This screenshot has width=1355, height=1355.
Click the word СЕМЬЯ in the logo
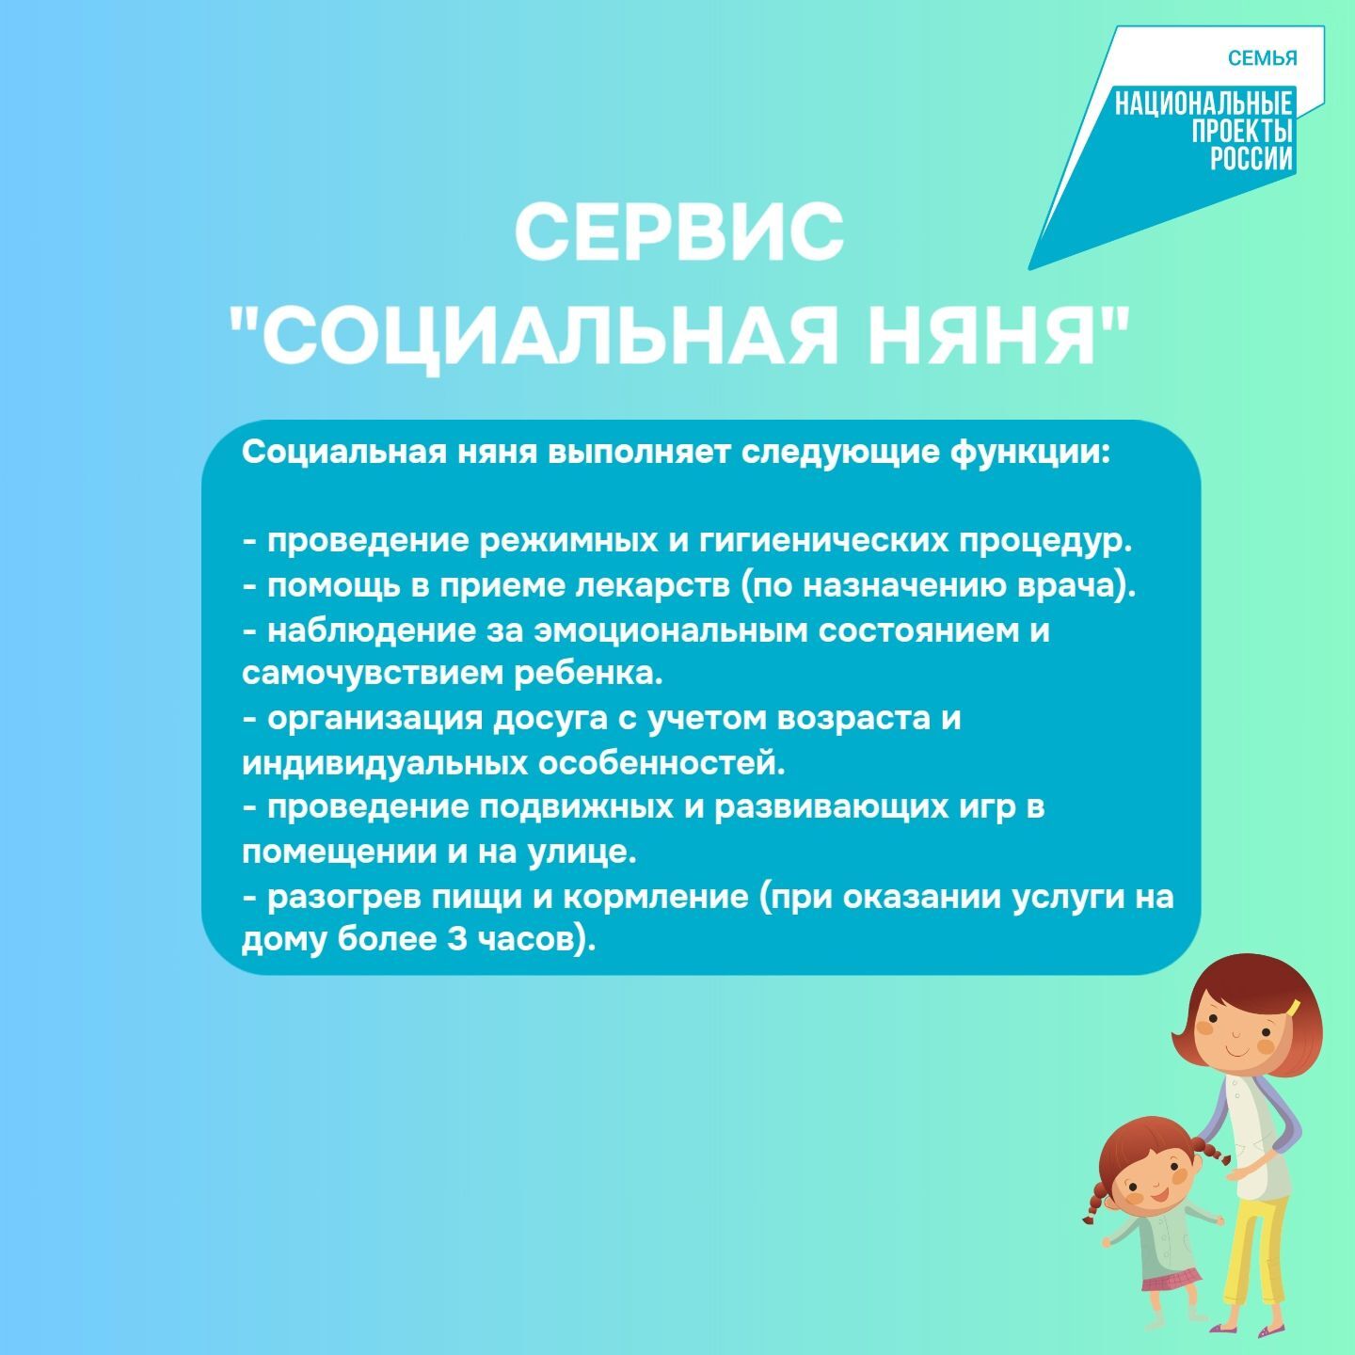pyautogui.click(x=1262, y=58)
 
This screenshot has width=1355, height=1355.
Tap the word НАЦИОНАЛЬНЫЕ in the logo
pyautogui.click(x=1204, y=104)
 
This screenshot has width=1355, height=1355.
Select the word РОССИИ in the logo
pyautogui.click(x=1251, y=159)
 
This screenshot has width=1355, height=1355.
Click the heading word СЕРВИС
pyautogui.click(x=678, y=232)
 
